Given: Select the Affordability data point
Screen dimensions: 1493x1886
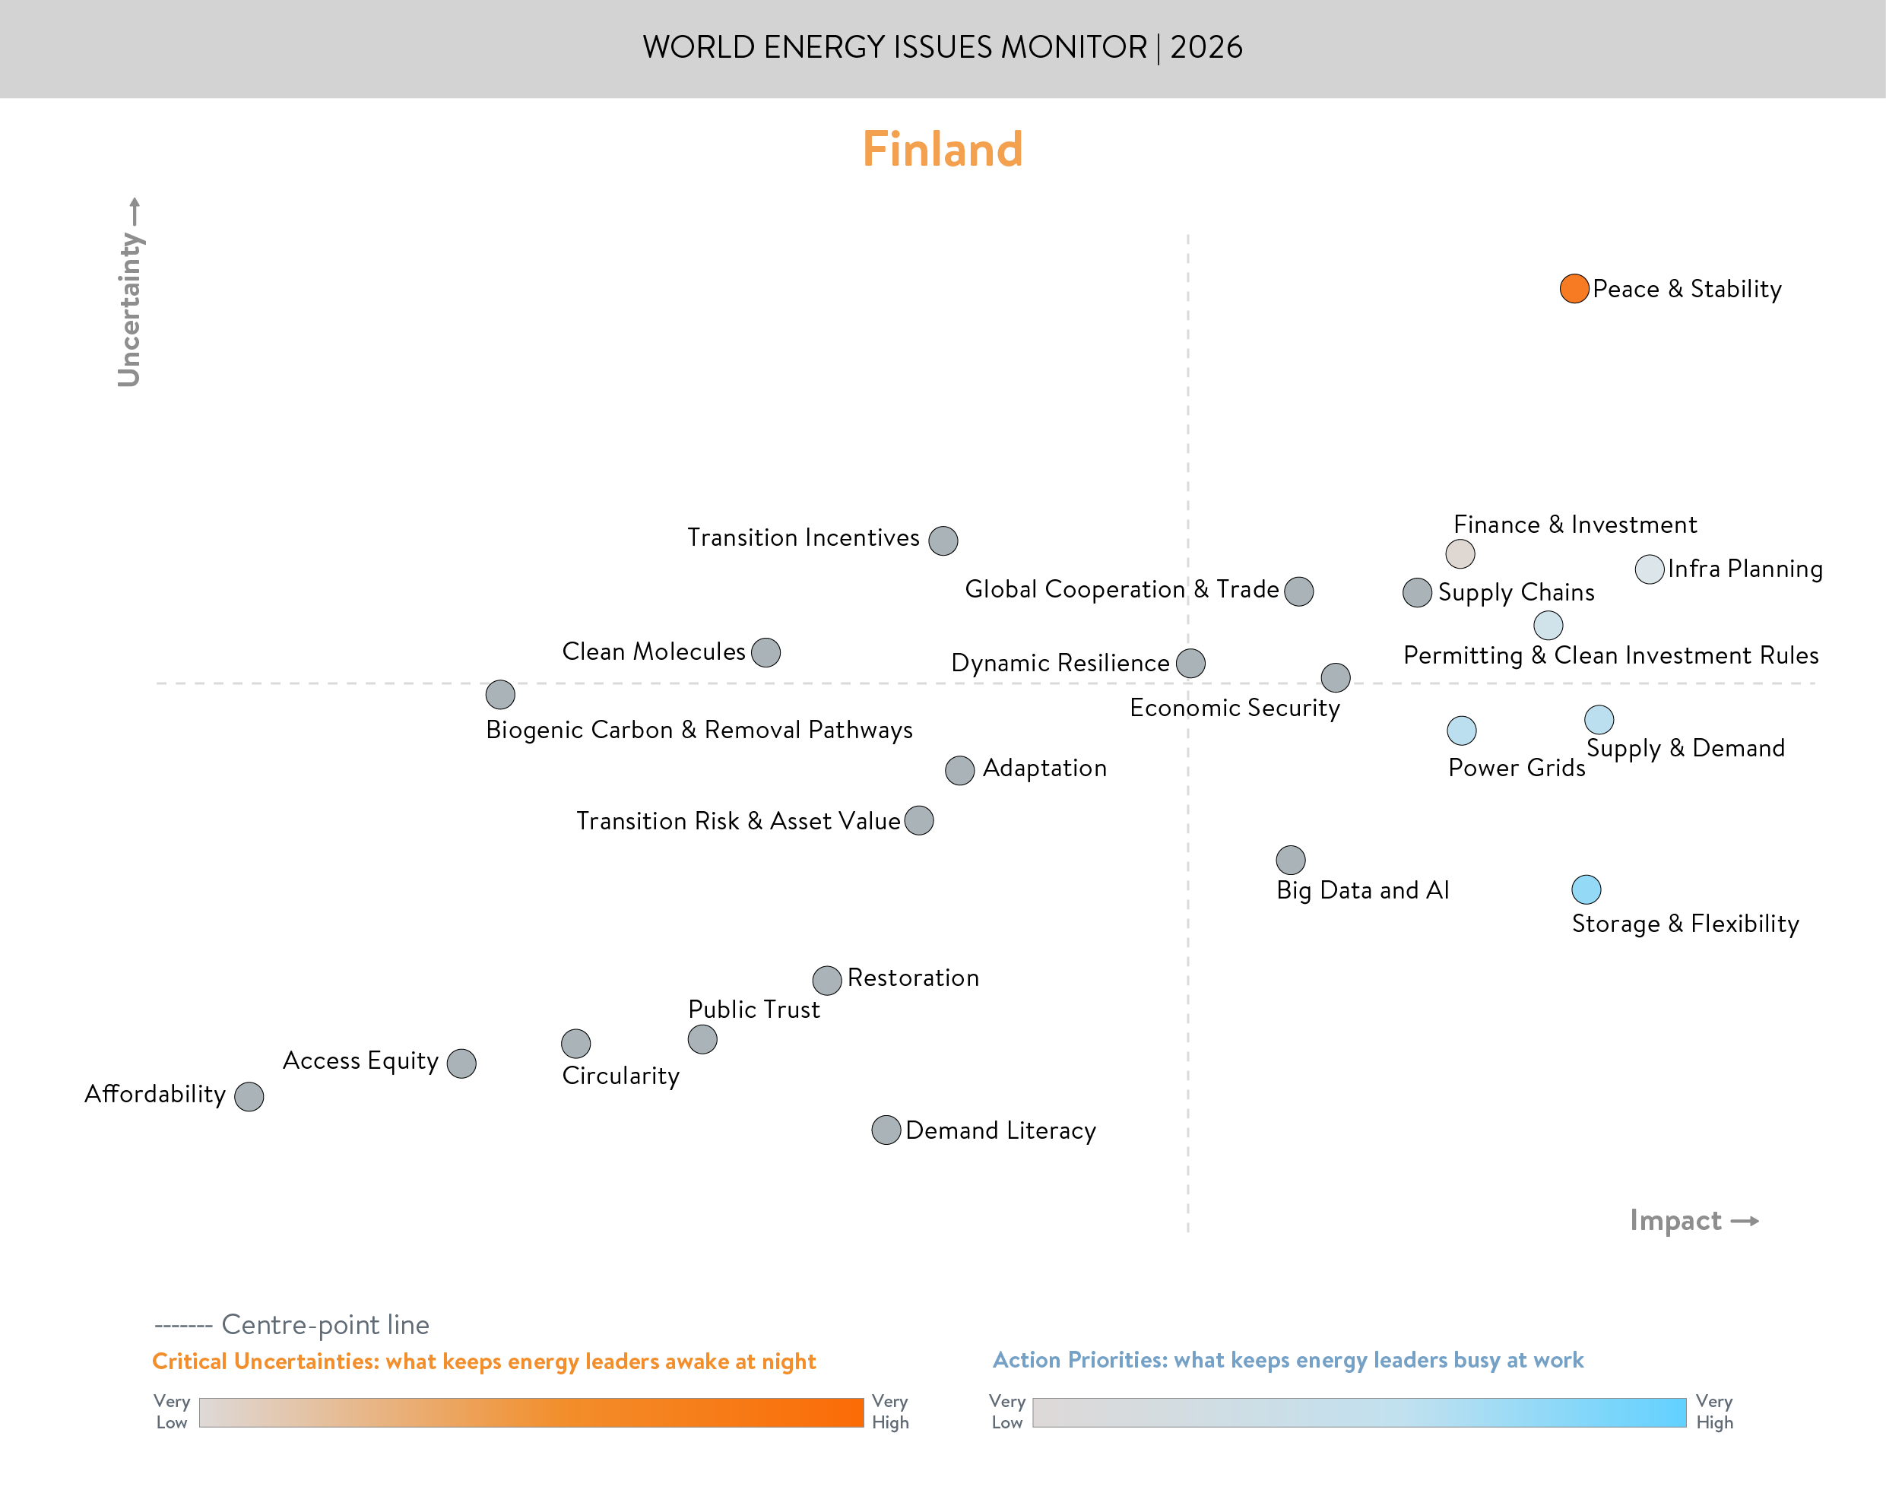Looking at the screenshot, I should click(x=249, y=1096).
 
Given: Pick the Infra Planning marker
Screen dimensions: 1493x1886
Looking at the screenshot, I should click(x=1648, y=570).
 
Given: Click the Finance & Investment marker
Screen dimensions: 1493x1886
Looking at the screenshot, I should click(x=1460, y=553).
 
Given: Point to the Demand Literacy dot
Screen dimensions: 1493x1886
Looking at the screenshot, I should click(x=886, y=1130).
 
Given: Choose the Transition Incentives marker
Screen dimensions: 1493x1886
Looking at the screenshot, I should click(x=942, y=541).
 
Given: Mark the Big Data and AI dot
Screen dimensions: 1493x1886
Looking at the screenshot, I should click(x=1290, y=860).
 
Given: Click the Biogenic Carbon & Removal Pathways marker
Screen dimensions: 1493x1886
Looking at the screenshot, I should click(x=500, y=695).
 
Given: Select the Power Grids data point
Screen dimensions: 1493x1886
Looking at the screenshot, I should click(x=1461, y=731).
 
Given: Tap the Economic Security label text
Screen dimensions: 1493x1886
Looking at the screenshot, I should click(x=1234, y=708).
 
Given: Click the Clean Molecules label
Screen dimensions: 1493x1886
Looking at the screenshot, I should click(x=653, y=652).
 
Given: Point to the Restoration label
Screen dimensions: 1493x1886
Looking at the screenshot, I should click(x=912, y=978).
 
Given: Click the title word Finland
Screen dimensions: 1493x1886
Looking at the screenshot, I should click(x=942, y=150).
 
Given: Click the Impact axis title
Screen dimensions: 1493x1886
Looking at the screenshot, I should click(x=1675, y=1220).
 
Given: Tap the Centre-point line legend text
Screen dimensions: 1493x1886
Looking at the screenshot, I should click(x=325, y=1325).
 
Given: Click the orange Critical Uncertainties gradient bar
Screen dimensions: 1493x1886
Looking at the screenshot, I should click(x=531, y=1412).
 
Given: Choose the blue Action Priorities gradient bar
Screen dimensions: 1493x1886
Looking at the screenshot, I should click(x=1358, y=1412).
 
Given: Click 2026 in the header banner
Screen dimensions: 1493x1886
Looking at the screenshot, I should click(x=1206, y=47).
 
